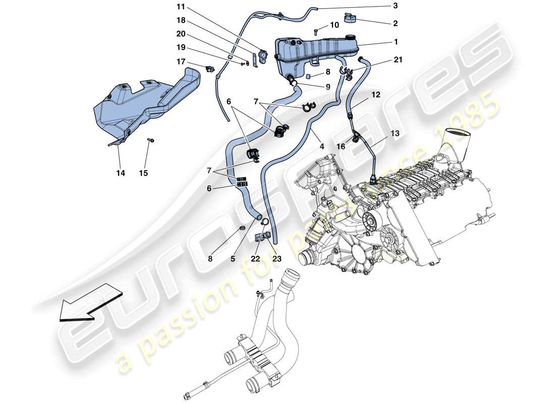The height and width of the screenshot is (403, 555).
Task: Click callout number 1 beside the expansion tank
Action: tap(396, 42)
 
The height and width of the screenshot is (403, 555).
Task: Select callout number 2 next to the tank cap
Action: tap(396, 23)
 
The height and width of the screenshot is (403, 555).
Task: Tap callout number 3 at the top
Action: tap(396, 6)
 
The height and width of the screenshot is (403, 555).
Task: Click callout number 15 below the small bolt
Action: tap(144, 173)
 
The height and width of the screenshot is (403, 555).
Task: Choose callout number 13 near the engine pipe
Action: tap(395, 133)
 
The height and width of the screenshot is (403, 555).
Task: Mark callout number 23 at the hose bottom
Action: tap(277, 259)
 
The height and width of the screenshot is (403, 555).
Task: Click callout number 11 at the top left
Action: tap(181, 7)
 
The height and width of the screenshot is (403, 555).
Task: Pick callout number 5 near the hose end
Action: tap(233, 259)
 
